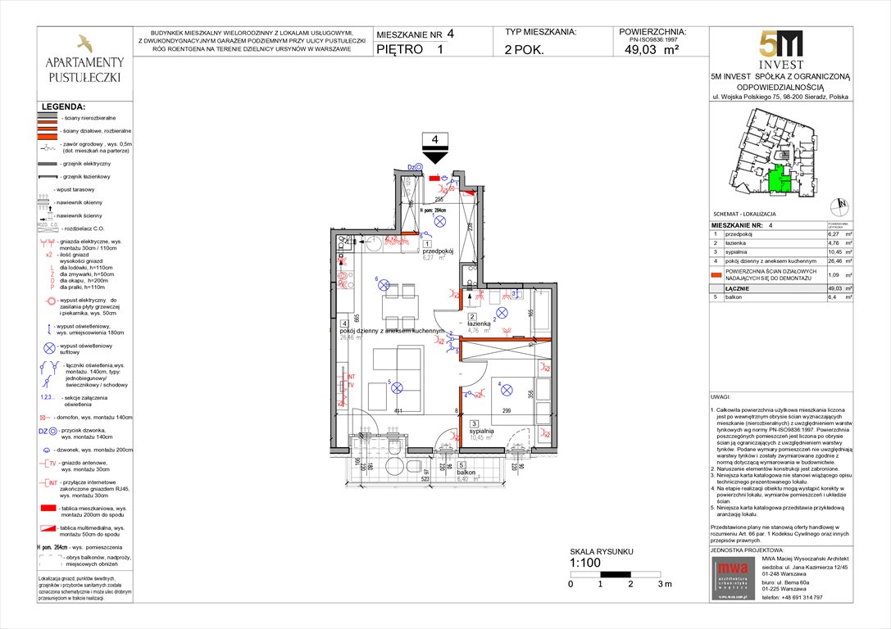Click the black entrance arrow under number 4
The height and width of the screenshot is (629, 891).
[x=434, y=156]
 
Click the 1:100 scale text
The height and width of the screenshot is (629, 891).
[x=585, y=562]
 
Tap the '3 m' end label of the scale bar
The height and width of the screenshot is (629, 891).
[x=664, y=584]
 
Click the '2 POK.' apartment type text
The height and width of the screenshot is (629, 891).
[x=528, y=49]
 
